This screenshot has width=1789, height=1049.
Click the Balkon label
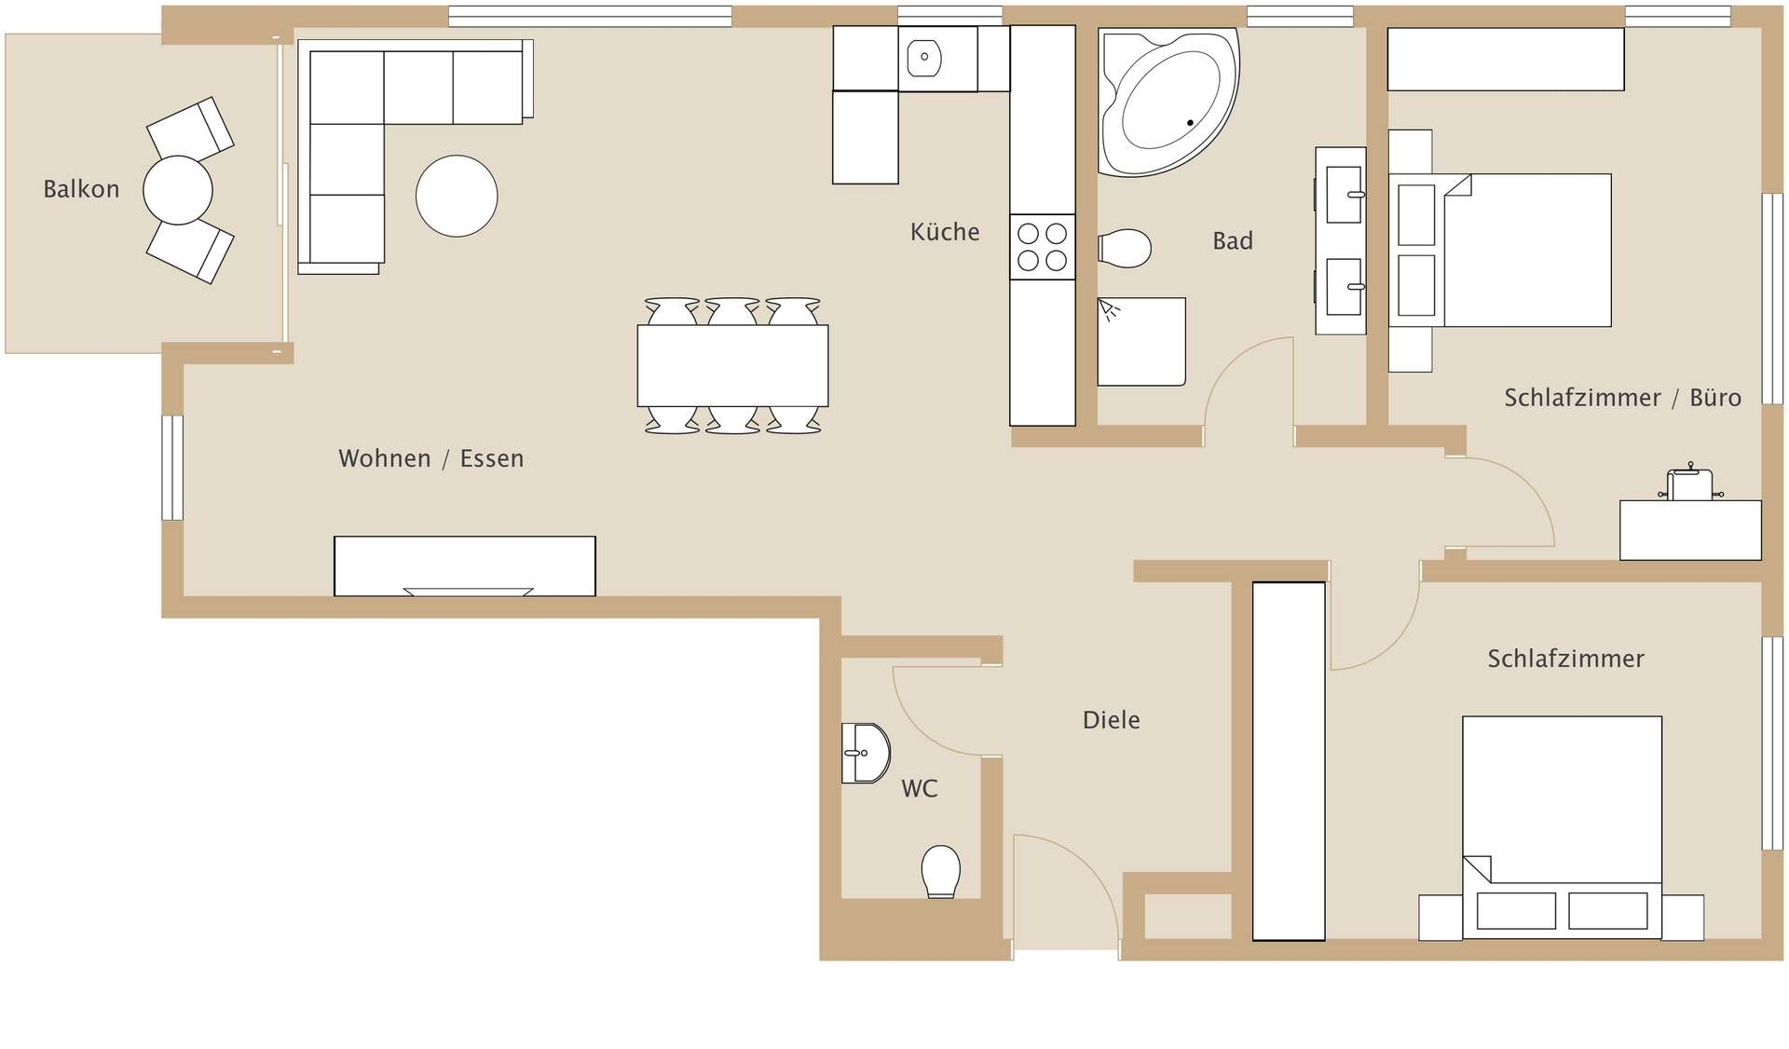click(x=81, y=189)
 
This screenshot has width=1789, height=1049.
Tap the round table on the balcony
click(x=178, y=190)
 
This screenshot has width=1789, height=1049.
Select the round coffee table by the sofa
click(x=457, y=196)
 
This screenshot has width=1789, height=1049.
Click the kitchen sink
click(x=924, y=57)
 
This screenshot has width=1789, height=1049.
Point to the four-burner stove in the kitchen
click(x=1043, y=247)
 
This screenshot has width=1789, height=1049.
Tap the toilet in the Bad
click(x=1125, y=249)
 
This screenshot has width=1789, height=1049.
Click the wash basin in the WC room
click(x=866, y=753)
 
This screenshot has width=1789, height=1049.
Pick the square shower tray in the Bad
click(x=1141, y=342)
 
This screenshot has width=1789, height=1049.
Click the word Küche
click(x=945, y=232)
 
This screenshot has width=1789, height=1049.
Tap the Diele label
click(x=1112, y=720)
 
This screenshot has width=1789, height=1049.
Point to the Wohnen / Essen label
click(x=431, y=458)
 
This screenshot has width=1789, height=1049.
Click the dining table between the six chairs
click(x=733, y=365)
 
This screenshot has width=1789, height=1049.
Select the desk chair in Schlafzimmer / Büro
click(x=1690, y=483)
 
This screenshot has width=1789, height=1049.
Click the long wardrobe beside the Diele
click(x=1289, y=761)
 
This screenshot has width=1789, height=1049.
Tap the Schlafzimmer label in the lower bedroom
click(x=1565, y=659)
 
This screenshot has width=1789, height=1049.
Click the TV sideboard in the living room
click(x=465, y=566)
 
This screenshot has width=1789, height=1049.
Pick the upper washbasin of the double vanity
click(x=1344, y=195)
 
